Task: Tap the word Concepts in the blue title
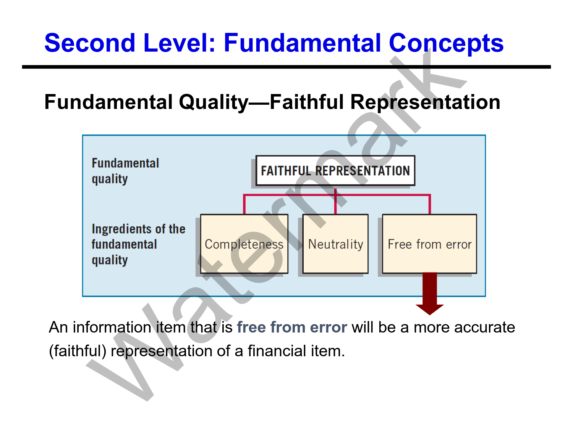[446, 44]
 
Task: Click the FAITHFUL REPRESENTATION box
[335, 170]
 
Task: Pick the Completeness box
[244, 244]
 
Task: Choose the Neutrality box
[335, 244]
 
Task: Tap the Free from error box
[429, 244]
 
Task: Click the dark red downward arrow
[430, 294]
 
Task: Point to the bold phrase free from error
[292, 327]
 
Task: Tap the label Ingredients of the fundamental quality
[138, 245]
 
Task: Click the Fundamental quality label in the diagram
[125, 171]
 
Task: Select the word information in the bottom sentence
[112, 327]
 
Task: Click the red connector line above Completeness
[244, 204]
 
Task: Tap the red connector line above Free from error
[430, 204]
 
